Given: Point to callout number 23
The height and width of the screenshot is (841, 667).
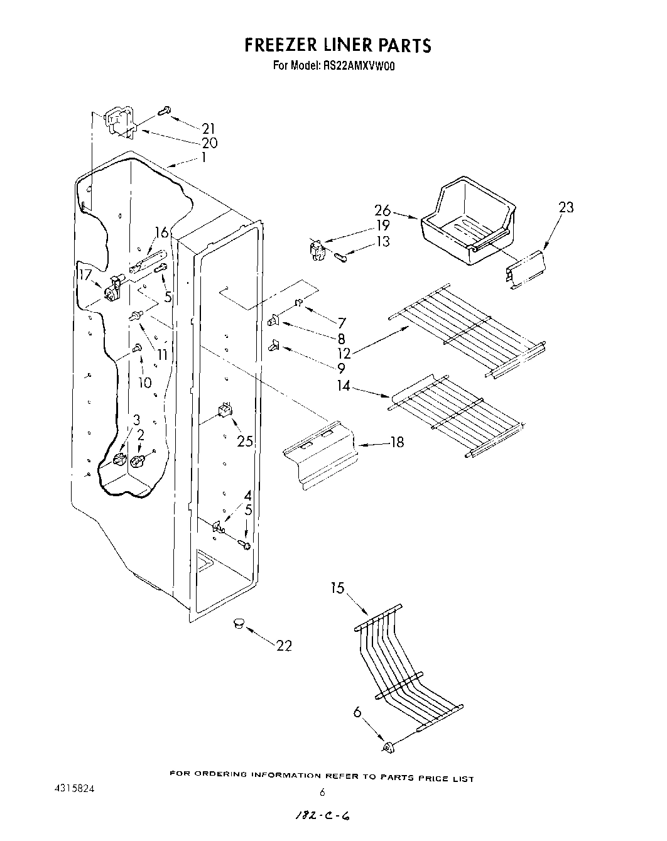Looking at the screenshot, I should click(566, 207).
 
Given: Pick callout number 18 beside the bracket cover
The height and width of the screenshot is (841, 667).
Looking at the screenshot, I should click(396, 442).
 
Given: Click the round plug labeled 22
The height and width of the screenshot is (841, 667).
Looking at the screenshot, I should click(238, 622).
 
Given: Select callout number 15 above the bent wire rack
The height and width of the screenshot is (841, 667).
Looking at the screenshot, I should click(338, 589).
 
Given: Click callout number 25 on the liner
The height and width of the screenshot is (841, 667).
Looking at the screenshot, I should click(245, 442).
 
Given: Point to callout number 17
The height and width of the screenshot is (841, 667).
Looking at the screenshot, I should click(85, 274).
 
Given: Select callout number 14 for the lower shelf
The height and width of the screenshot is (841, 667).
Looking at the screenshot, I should click(343, 386).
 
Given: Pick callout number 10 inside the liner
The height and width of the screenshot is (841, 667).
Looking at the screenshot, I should click(145, 383).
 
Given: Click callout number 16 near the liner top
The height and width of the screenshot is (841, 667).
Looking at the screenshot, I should click(162, 233).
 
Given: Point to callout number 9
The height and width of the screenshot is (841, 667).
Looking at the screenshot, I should click(340, 368).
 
